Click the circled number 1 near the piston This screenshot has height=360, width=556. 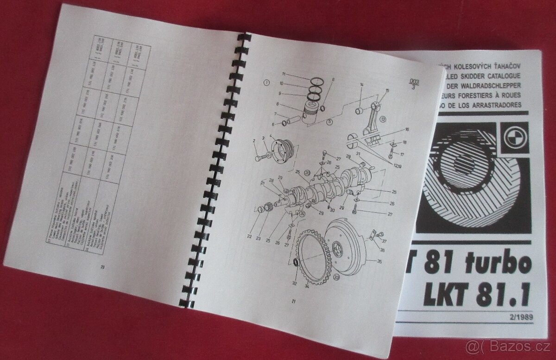coord(266,83)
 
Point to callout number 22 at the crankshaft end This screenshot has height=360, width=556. coord(249,236)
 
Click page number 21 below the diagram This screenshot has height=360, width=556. coord(293,302)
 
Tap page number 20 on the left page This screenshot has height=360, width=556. coord(102,266)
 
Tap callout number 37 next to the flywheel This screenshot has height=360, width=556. coord(384,241)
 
